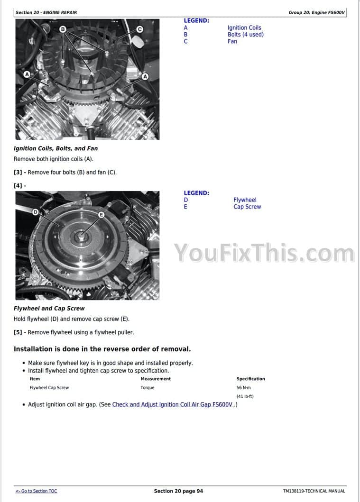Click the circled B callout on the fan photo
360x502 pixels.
63,29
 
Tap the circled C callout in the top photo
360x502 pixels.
139,29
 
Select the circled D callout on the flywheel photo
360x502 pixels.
35,212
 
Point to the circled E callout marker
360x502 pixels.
101,215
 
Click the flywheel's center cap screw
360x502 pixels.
81,237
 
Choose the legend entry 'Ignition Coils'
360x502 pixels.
244,27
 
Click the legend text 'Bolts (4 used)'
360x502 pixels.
246,34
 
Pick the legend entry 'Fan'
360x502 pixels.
232,41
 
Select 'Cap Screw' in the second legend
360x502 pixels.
247,207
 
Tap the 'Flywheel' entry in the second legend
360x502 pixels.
245,200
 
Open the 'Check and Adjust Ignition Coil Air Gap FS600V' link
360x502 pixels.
172,404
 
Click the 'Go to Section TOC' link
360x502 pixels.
36,491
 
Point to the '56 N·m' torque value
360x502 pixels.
244,387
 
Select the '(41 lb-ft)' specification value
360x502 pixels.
245,396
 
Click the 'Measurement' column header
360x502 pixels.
156,379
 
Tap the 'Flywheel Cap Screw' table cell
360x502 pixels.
49,387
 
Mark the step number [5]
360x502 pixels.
18,332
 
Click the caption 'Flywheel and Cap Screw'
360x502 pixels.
49,308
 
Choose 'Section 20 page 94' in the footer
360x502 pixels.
178,491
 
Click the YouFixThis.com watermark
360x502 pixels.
264,253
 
